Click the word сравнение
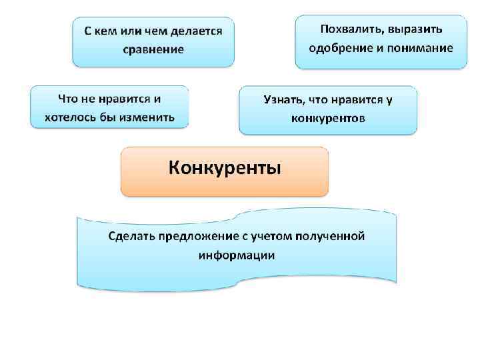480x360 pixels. [x=153, y=49]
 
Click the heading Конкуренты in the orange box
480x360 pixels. [x=225, y=167]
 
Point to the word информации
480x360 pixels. [x=237, y=255]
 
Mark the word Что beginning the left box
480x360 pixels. [x=68, y=99]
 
